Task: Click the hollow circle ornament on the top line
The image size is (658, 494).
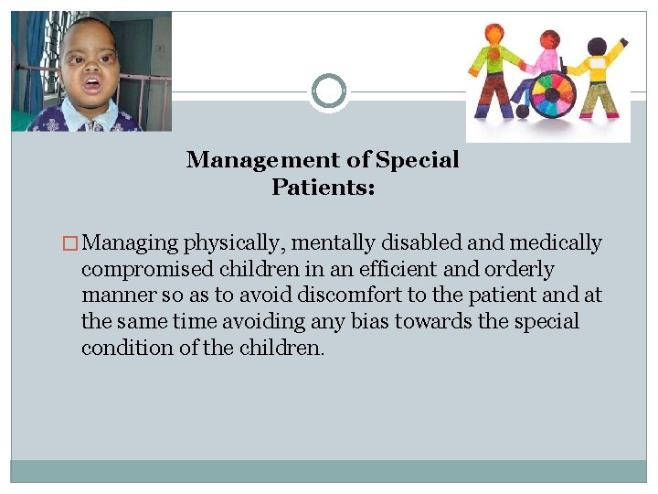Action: [328, 91]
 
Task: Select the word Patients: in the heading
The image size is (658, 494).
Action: [324, 188]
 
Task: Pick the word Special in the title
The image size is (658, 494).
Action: [417, 160]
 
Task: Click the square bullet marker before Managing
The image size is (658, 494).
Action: [72, 243]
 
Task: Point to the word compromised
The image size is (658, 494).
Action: [136, 270]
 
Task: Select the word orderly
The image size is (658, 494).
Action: [521, 270]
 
